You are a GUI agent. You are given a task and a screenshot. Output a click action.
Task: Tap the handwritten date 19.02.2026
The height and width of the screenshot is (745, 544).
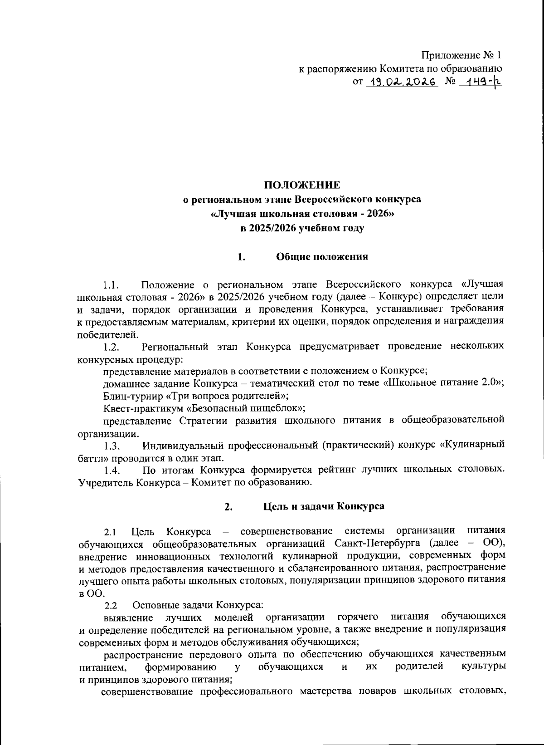coord(403,82)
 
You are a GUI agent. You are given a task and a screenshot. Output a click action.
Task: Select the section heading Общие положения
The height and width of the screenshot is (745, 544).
coord(322,257)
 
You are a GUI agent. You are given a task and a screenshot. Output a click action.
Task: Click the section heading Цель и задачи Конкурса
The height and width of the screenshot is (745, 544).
coord(324,506)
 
